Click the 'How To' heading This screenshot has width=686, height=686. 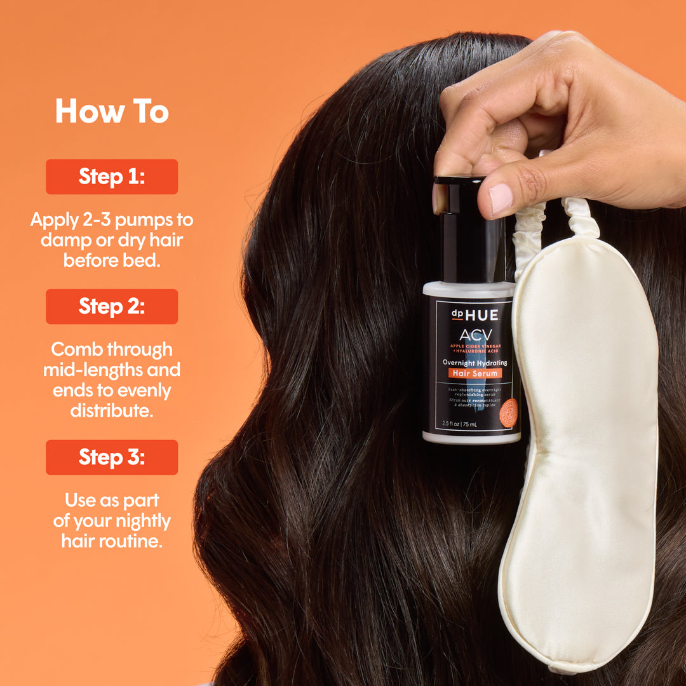(112, 112)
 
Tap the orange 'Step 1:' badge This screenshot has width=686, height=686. (112, 177)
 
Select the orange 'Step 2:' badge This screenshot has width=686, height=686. (112, 306)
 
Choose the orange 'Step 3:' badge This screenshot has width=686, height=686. (112, 457)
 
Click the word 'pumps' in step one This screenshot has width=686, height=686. (135, 221)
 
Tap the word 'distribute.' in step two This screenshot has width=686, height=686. (112, 410)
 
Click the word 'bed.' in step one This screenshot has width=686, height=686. (143, 260)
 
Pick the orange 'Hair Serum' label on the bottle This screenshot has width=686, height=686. (474, 373)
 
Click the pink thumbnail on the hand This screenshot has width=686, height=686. (501, 198)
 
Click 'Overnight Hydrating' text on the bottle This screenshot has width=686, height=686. (474, 362)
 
